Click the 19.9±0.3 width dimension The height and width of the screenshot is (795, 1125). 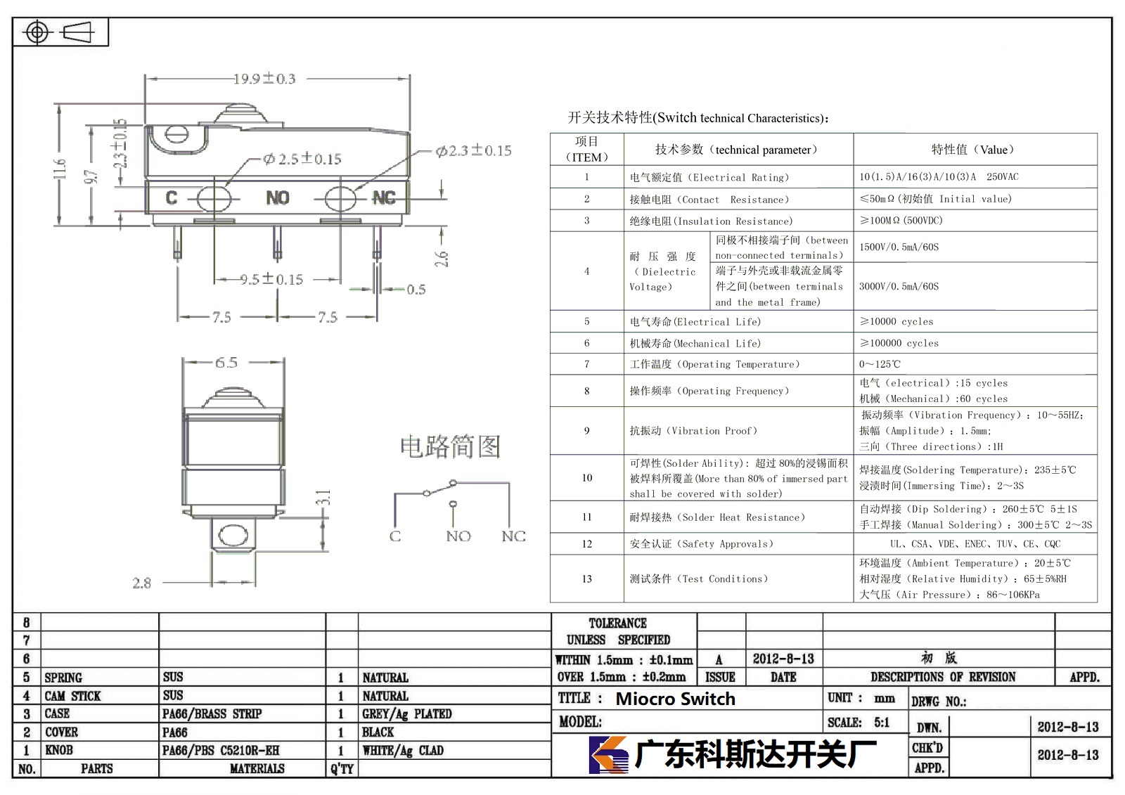point(264,78)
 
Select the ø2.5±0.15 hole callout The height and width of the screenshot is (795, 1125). point(302,159)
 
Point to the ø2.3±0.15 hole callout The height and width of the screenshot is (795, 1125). point(473,150)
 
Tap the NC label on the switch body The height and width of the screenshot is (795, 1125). point(384,198)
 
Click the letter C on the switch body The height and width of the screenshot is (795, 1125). point(172,198)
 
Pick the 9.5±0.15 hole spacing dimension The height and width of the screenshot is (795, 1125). point(271,279)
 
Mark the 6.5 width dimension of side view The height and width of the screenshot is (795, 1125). point(226,363)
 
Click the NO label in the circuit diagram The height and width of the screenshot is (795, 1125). point(458,536)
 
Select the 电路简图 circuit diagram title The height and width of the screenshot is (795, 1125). point(451,446)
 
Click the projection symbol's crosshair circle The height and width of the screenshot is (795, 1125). point(37,32)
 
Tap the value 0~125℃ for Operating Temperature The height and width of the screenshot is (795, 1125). point(880,363)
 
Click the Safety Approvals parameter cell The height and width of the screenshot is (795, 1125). point(701,543)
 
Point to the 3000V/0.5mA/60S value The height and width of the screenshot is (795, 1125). point(899,286)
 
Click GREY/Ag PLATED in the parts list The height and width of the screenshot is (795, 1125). point(407,713)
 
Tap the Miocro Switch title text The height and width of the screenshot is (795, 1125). point(675,699)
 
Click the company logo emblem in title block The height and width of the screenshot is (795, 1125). point(607,754)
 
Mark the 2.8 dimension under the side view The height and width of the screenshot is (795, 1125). point(141,583)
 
